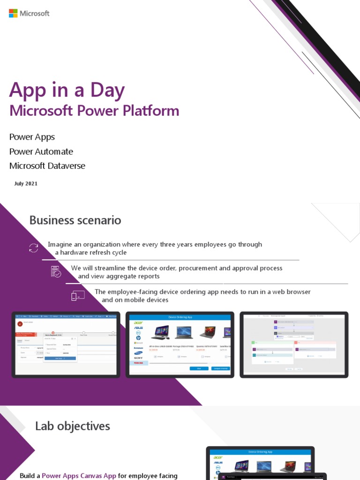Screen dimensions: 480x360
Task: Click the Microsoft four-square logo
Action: tap(13, 13)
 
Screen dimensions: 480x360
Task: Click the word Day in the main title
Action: tap(109, 90)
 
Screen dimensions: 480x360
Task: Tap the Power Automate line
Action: tap(41, 151)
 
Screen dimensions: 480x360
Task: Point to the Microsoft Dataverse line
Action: tap(47, 166)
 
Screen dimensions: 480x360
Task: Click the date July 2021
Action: tap(26, 184)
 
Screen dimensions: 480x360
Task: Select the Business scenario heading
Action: tap(75, 220)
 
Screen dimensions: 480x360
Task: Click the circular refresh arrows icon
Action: tap(34, 248)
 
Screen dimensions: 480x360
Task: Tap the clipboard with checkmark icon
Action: tap(56, 271)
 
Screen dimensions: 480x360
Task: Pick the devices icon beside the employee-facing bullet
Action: tap(78, 296)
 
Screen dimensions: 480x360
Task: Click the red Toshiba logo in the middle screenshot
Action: tap(138, 363)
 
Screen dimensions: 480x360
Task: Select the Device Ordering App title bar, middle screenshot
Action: tap(180, 317)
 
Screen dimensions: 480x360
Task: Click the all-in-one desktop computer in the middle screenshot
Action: tap(160, 332)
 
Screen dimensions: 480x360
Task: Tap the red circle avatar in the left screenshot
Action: tap(20, 323)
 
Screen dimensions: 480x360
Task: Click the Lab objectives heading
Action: tap(73, 426)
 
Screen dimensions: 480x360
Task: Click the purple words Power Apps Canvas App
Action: tap(79, 476)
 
